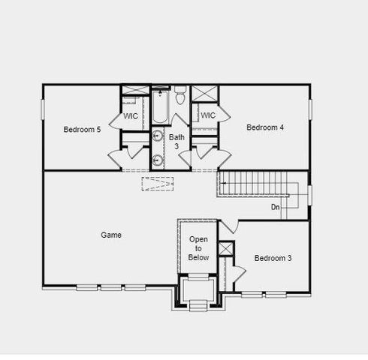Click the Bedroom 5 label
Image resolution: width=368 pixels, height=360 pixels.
point(82,129)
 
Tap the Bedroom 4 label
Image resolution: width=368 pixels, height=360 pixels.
point(265,127)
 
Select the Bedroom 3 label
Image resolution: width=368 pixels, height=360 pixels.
point(273,259)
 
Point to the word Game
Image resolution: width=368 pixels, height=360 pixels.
point(111,235)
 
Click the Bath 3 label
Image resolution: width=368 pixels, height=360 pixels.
point(176,142)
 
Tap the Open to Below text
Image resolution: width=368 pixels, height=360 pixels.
point(198,248)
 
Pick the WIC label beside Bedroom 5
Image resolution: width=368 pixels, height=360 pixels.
point(131,116)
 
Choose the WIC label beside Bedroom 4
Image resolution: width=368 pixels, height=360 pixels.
point(208,115)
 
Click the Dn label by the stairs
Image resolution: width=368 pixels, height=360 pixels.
point(276,207)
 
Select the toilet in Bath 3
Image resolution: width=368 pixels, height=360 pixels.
point(180,96)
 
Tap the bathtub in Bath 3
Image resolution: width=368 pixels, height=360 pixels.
point(160,107)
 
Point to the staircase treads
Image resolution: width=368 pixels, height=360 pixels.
point(255,183)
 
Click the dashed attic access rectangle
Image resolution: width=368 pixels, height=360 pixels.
point(158,183)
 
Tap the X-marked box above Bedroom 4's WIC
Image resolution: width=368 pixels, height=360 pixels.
point(204,94)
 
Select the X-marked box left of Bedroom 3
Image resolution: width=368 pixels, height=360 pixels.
point(226,248)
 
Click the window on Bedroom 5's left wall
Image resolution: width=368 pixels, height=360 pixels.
point(43,109)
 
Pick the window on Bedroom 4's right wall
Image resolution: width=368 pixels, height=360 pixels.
point(309,108)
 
